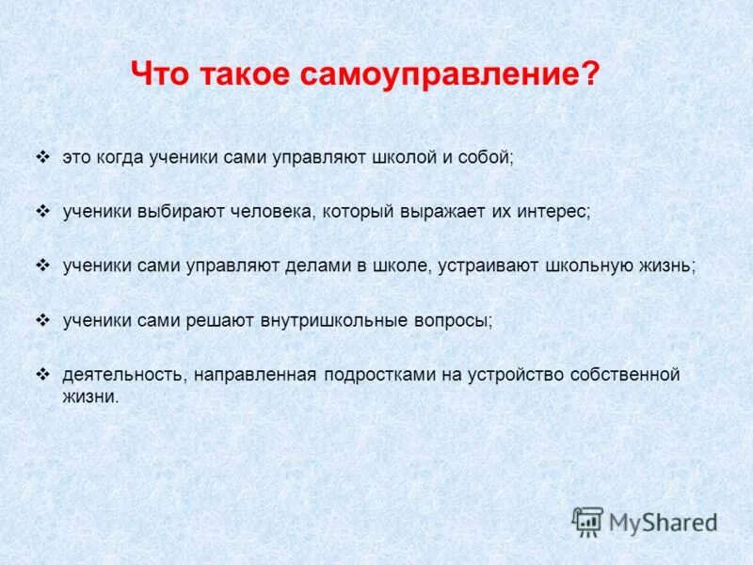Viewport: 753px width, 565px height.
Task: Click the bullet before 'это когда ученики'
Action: pyautogui.click(x=42, y=157)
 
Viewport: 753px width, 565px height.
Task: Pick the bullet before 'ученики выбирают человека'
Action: pyautogui.click(x=42, y=211)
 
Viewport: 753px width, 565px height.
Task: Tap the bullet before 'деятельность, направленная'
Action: pyautogui.click(x=42, y=374)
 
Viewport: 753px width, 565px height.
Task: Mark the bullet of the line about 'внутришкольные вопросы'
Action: pyautogui.click(x=42, y=319)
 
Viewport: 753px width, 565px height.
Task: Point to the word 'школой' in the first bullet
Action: pyautogui.click(x=397, y=158)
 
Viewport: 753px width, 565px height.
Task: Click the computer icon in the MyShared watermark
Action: pyautogui.click(x=588, y=522)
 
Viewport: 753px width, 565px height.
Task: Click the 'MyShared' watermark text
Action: pyautogui.click(x=663, y=522)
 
